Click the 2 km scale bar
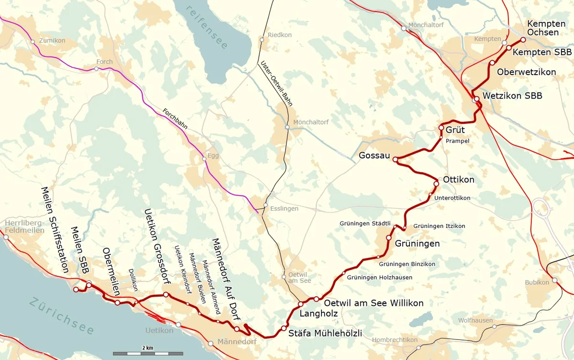pos(147,353)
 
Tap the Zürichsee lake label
pos(62,316)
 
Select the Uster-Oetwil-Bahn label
pos(276,83)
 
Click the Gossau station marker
pos(396,159)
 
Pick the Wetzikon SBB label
pos(512,96)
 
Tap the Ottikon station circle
pos(436,184)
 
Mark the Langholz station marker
pos(301,304)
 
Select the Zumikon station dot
pos(33,42)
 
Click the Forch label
pos(104,62)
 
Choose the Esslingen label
pos(284,209)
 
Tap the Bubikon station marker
pos(554,280)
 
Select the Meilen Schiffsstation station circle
pos(76,289)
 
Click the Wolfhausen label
pos(475,320)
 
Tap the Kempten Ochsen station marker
pos(523,40)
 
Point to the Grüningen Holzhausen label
pos(379,277)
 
